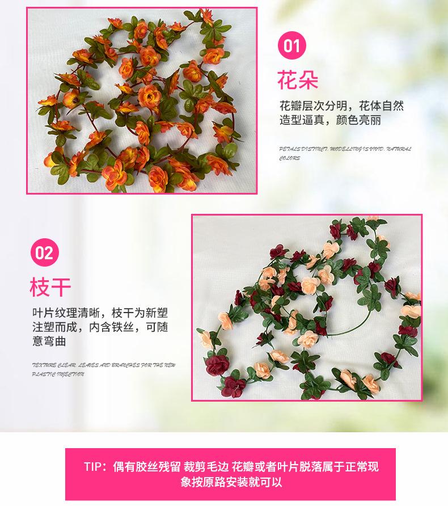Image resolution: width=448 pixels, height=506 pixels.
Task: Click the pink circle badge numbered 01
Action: (x=291, y=45)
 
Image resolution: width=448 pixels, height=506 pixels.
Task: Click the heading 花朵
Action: (x=298, y=81)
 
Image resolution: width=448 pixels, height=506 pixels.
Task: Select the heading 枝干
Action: (x=50, y=287)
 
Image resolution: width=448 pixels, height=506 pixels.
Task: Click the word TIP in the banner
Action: (x=95, y=467)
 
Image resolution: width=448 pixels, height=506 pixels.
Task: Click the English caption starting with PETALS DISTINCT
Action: (x=345, y=149)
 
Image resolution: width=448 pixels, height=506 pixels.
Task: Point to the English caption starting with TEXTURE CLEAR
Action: (x=104, y=365)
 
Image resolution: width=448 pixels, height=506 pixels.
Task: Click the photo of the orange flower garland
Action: (x=142, y=100)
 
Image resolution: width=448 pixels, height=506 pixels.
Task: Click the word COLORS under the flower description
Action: (x=290, y=158)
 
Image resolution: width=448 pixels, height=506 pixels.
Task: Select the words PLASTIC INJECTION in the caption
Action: (x=58, y=374)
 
